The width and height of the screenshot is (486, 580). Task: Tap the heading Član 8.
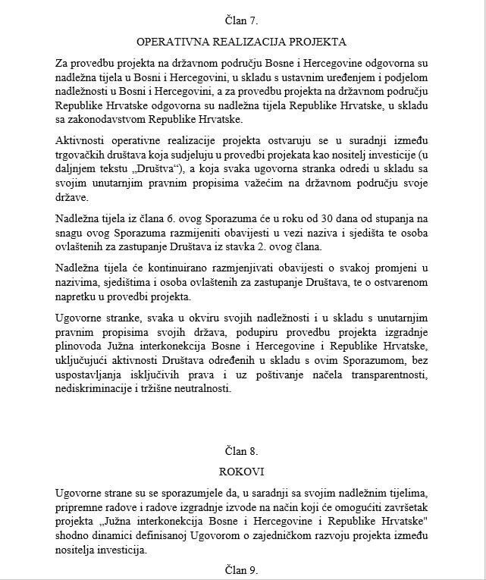(x=242, y=450)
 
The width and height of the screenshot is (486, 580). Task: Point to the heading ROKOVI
(x=242, y=471)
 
